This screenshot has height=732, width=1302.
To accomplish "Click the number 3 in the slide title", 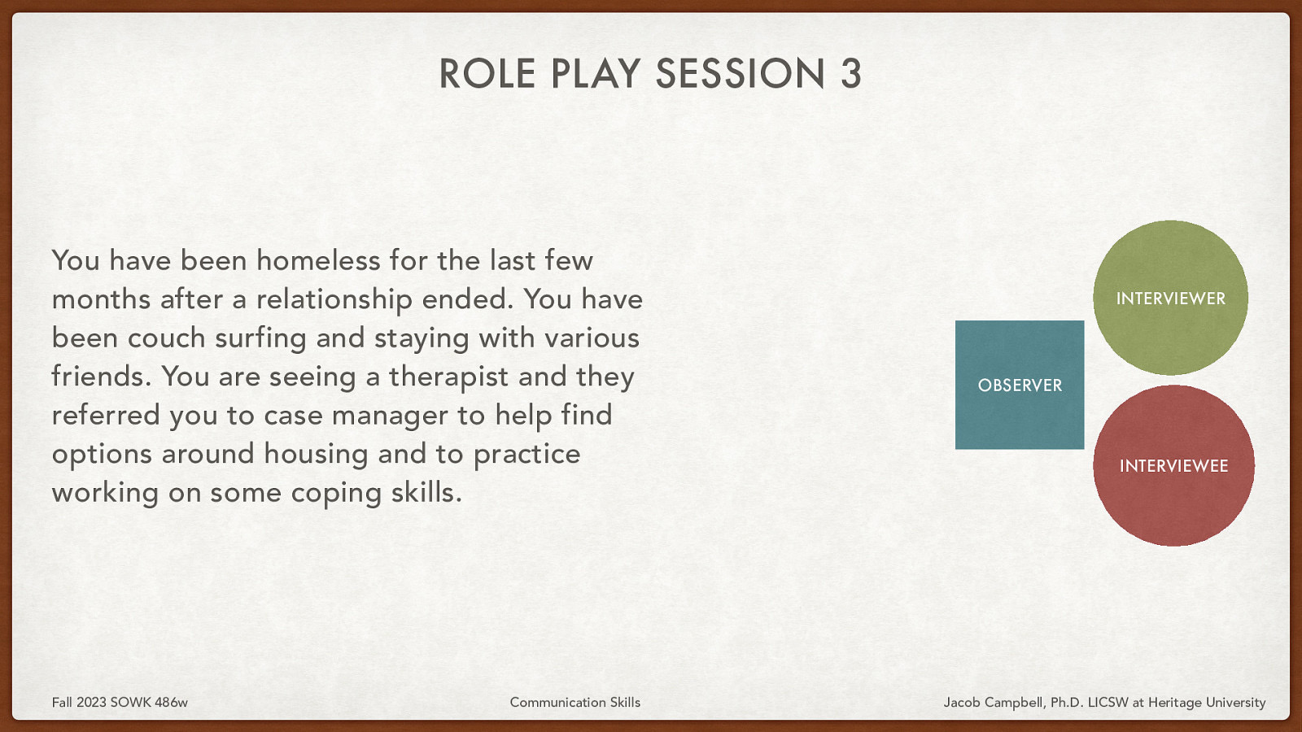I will click(850, 74).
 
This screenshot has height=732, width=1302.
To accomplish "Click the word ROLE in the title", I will click(487, 74).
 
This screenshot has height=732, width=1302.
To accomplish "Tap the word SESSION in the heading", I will click(741, 74).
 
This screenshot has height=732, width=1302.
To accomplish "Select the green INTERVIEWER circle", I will click(1170, 298).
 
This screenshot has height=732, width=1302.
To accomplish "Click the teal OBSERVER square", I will click(1020, 385).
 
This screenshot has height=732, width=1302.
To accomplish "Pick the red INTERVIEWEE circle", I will click(1173, 465).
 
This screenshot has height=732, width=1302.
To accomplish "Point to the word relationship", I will click(334, 299).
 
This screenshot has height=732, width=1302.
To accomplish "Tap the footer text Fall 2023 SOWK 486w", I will click(120, 702).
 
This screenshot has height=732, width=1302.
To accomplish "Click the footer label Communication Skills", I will click(575, 702).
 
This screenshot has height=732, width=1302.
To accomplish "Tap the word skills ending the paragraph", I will click(425, 493).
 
